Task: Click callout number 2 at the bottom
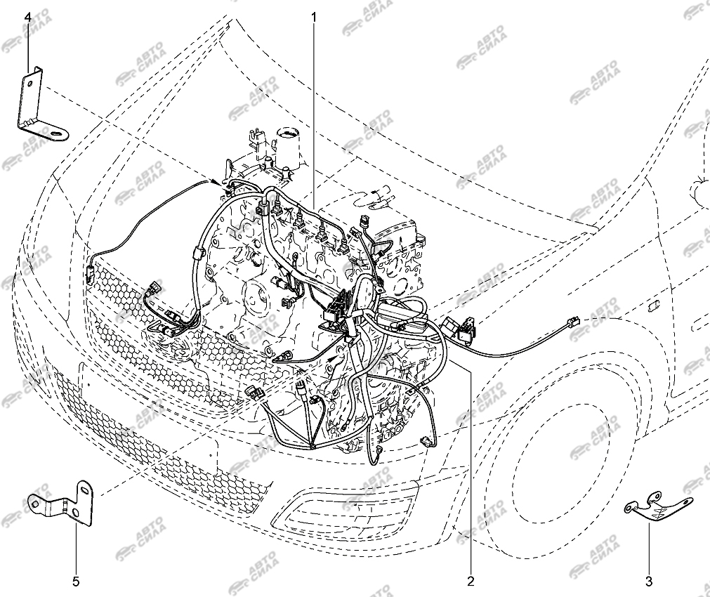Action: tap(471, 581)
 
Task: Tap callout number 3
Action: tap(649, 581)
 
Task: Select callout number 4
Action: tap(28, 18)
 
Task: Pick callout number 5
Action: tap(76, 581)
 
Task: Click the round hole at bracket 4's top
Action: tap(29, 84)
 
